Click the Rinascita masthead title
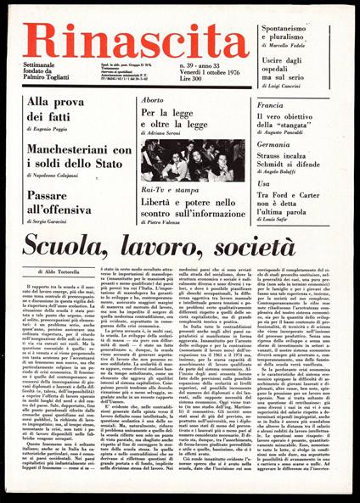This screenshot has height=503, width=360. [136, 38]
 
